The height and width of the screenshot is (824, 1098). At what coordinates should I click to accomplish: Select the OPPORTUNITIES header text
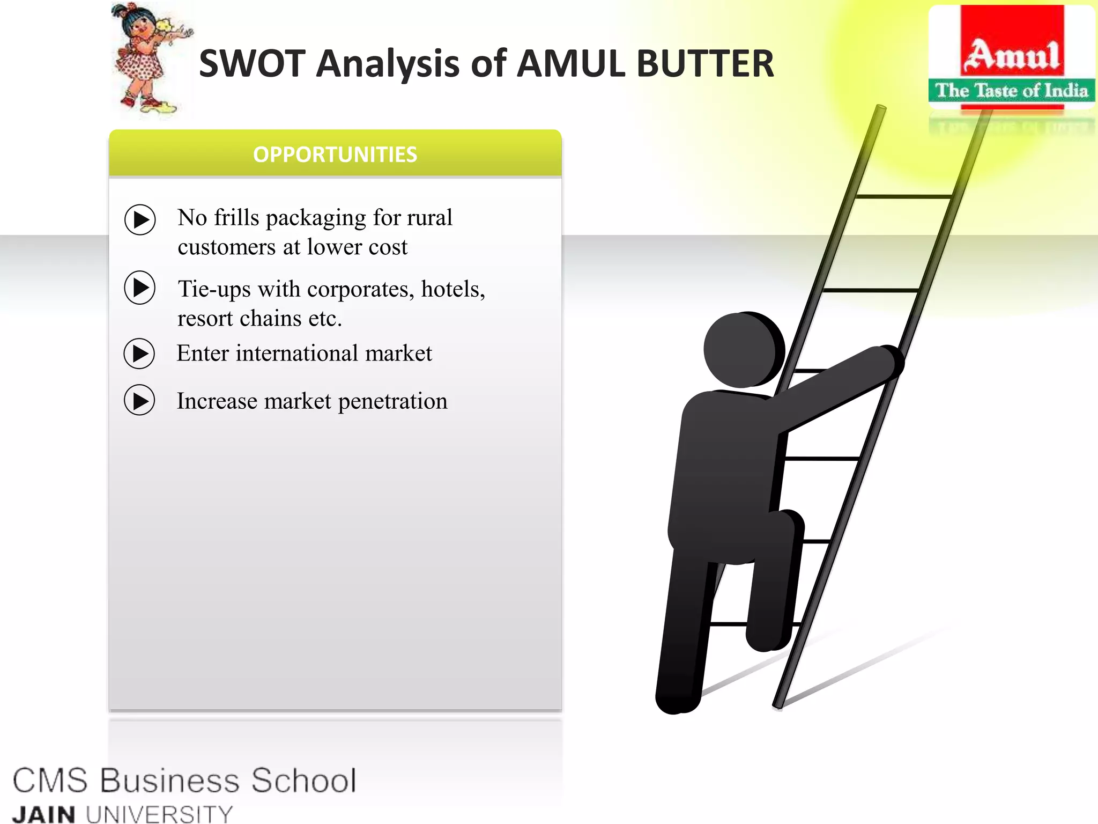coord(335,154)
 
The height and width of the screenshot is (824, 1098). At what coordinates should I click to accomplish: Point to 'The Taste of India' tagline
coord(1012,91)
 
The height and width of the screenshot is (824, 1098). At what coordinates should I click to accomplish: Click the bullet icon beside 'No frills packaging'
coord(140,219)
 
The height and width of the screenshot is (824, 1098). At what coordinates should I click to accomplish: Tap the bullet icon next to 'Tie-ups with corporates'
coord(140,288)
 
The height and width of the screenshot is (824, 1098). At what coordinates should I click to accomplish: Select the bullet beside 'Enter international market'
coord(139,354)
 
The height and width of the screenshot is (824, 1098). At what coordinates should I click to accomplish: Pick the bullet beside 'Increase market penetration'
coord(139,400)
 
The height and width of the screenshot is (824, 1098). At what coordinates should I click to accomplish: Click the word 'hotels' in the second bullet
coord(452,289)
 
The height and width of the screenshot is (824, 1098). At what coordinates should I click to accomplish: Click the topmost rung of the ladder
coord(904,197)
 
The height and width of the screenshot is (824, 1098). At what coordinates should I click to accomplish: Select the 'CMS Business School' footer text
coord(184,780)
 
